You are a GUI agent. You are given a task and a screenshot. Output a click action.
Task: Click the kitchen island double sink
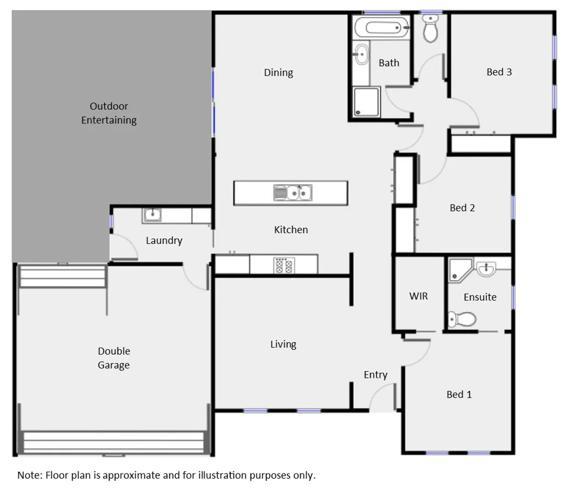click(x=293, y=192)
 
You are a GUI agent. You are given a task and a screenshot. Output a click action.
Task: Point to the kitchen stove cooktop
click(x=283, y=265)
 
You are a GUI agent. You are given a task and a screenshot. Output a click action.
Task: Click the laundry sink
click(x=151, y=215)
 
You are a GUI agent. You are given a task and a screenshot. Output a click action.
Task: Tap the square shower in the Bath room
click(x=366, y=102)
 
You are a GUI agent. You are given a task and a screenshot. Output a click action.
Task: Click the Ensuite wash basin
click(x=486, y=268)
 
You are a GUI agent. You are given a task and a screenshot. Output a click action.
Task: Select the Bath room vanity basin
click(x=361, y=55)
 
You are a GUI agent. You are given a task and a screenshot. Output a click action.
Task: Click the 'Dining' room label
click(x=278, y=73)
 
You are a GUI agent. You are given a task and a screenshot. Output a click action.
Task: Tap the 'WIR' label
click(x=419, y=296)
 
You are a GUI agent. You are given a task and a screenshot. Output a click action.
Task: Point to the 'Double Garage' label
click(x=114, y=358)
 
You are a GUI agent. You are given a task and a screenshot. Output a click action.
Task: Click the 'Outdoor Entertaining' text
click(x=109, y=113)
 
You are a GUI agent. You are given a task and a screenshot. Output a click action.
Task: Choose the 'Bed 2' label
click(x=462, y=208)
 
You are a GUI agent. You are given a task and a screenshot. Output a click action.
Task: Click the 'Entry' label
click(x=375, y=374)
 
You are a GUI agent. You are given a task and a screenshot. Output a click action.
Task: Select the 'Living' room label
click(x=283, y=344)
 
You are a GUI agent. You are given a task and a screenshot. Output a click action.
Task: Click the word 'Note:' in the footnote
click(x=30, y=475)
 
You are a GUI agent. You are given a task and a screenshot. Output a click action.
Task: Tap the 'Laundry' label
click(x=164, y=241)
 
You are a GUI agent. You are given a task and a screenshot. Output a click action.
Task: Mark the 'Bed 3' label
click(x=499, y=72)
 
